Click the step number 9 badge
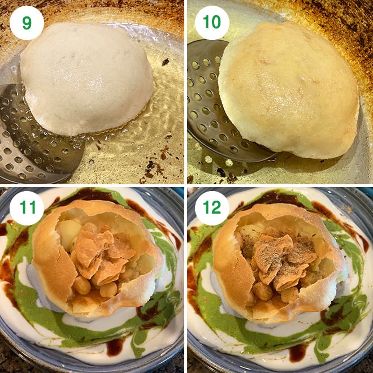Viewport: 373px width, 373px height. [27, 23]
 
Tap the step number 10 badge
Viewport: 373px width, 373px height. [212, 23]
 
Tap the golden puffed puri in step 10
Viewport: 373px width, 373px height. [288, 88]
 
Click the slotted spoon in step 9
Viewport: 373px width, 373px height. [34, 136]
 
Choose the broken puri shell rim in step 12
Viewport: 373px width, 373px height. [226, 271]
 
